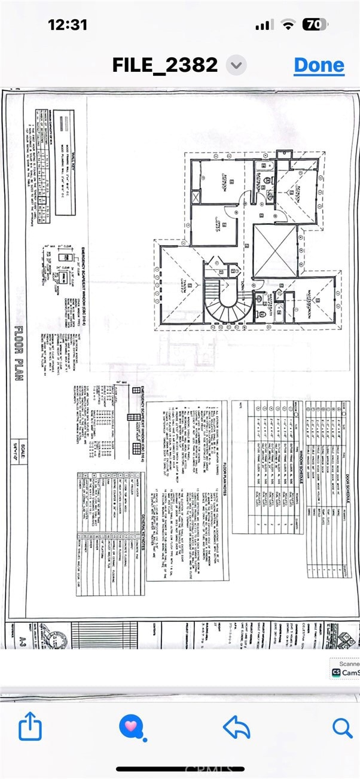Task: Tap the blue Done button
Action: tap(319, 65)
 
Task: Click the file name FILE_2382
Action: tap(165, 65)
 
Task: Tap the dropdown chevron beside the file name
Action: tap(237, 65)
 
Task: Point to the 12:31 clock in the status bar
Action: tap(68, 25)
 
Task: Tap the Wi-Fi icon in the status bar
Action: tap(289, 25)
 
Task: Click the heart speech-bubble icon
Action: tap(130, 727)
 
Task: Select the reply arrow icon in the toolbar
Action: tap(236, 727)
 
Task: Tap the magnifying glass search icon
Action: tap(342, 727)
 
